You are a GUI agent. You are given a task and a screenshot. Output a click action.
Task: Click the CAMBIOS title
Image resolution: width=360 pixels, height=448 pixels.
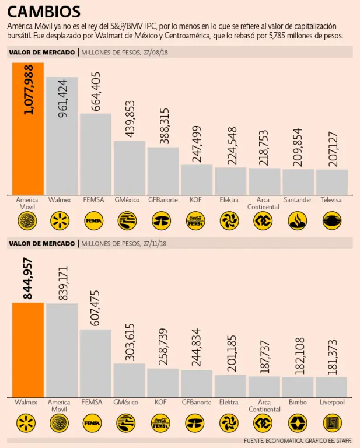coord(44,12)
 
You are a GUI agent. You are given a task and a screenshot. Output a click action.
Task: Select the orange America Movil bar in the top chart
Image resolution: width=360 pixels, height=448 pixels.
coord(27,128)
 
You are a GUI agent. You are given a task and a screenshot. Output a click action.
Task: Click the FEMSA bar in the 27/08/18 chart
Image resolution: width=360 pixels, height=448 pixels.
coord(95,154)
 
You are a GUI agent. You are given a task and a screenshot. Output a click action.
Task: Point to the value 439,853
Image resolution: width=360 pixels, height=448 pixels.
coord(129,119)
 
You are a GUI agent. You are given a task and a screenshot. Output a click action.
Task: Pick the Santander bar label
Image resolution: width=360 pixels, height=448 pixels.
coord(298,200)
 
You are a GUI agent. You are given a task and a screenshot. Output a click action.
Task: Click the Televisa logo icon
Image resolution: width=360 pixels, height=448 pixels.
coord(332,220)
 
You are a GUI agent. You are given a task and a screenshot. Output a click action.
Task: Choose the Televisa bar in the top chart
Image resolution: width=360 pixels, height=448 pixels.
coord(332,182)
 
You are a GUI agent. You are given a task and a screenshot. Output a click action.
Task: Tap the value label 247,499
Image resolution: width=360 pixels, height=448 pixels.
coord(197,144)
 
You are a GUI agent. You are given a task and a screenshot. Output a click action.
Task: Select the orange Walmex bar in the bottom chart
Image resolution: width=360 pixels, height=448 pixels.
coord(27,350)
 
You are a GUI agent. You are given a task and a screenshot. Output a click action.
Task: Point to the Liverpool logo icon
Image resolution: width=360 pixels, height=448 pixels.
coord(332,422)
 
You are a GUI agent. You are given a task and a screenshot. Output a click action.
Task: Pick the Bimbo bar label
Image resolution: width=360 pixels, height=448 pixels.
coord(298,402)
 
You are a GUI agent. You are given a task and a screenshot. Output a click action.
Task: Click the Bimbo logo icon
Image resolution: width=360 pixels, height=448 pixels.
coord(298,422)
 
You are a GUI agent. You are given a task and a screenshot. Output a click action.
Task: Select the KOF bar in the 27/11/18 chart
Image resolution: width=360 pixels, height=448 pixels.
coord(163,383)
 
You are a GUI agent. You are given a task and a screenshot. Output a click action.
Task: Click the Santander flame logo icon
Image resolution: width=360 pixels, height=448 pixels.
coord(298,220)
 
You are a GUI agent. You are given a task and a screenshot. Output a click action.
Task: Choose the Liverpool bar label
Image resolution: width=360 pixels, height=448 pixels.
coord(332,402)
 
